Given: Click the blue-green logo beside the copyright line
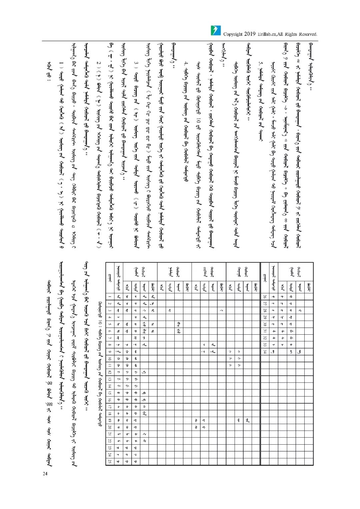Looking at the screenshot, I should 216,30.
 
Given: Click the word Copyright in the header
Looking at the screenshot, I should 232,34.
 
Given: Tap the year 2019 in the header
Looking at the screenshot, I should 250,34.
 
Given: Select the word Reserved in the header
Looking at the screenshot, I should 308,34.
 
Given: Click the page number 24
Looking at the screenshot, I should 45,473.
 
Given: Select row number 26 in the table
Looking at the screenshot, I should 265,296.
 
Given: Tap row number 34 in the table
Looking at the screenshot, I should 265,352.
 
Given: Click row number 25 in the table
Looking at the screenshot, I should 109,462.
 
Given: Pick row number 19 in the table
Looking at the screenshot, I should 109,420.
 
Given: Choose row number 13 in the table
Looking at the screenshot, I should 109,379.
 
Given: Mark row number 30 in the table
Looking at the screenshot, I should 265,324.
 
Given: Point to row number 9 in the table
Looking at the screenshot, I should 109,352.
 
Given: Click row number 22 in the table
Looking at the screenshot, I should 109,441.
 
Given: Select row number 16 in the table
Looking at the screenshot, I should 109,400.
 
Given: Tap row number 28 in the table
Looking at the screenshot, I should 265,310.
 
